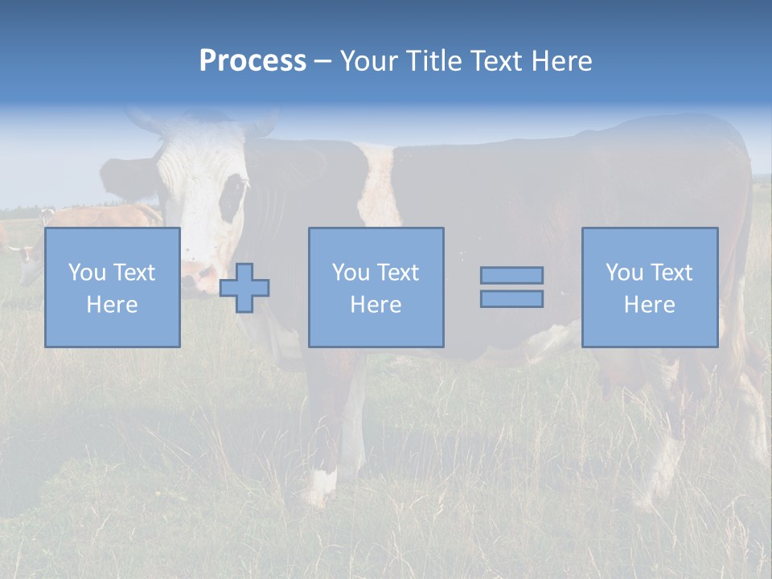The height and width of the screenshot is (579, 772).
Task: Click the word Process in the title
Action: coord(253,61)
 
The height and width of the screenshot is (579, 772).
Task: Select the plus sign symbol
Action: coord(244,288)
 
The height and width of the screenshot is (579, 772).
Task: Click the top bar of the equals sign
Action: coord(511,275)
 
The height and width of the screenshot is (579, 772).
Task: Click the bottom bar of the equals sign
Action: coord(511,299)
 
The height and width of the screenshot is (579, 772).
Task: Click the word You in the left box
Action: coord(86,272)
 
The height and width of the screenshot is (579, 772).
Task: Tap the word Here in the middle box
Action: coord(376,305)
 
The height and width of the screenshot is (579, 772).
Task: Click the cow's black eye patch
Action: coord(232,197)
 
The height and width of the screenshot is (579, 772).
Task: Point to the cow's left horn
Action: coord(145,121)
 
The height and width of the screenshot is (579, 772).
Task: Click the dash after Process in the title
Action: coord(323,61)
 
